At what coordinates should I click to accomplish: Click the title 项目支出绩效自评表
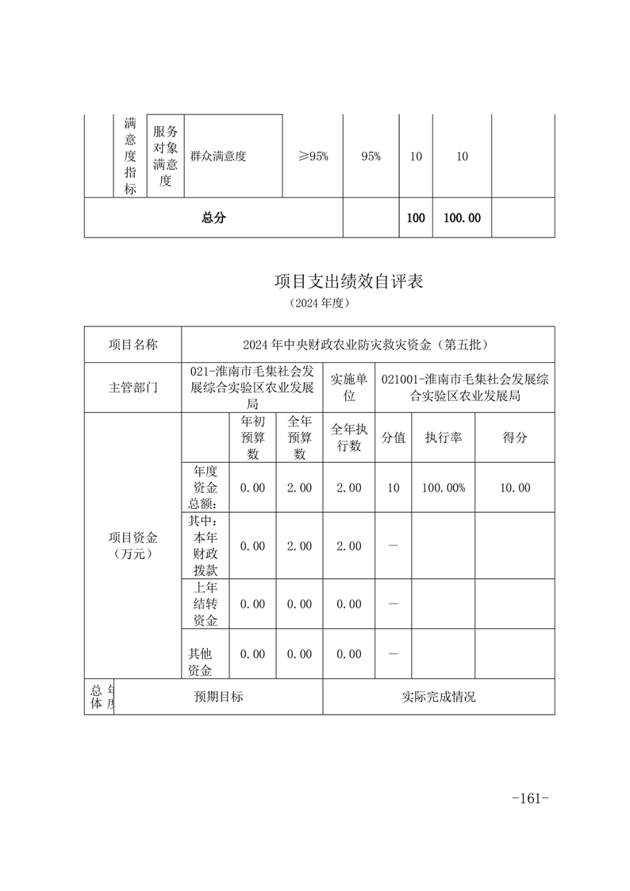348,281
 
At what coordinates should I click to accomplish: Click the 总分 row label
213,218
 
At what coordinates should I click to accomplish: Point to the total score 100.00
462,218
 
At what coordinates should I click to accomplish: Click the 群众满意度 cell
218,156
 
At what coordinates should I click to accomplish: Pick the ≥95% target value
313,156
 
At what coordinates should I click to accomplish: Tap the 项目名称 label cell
133,345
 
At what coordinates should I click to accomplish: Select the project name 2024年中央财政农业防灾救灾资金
367,345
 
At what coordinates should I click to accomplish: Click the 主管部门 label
133,388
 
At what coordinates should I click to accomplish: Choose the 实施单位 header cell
349,387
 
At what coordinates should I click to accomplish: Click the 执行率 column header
444,437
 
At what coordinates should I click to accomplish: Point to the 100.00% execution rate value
444,488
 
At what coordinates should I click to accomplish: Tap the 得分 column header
515,437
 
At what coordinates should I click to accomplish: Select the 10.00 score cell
515,488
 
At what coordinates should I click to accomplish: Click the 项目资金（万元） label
133,546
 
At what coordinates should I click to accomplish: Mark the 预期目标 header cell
219,696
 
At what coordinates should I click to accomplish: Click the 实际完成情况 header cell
439,696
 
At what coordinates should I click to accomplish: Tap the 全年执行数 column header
349,437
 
